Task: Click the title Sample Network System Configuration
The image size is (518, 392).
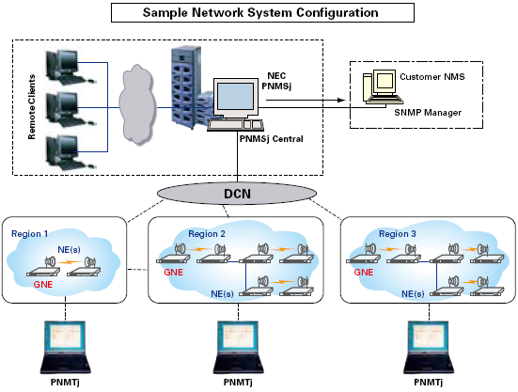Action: (x=260, y=12)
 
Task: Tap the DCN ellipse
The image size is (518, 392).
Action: (x=237, y=194)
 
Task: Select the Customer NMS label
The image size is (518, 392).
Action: (x=432, y=77)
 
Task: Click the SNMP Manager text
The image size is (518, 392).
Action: (x=428, y=113)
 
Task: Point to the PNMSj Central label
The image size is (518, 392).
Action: (x=272, y=139)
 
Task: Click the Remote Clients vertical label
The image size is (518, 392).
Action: (x=31, y=107)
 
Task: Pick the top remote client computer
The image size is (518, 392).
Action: (x=70, y=67)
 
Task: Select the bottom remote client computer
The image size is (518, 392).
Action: (x=70, y=152)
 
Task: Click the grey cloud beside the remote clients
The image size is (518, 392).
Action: (x=137, y=105)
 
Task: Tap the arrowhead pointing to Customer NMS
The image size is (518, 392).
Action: (x=341, y=100)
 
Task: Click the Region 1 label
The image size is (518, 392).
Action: (x=30, y=234)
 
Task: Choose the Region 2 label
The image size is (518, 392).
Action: (x=207, y=234)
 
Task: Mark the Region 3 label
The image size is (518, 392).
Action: (x=398, y=234)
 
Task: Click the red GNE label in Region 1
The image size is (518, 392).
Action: (x=43, y=284)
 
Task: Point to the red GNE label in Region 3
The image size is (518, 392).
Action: (x=364, y=272)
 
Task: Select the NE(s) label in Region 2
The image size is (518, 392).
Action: (x=222, y=293)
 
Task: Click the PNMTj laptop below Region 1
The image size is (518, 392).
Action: (x=65, y=347)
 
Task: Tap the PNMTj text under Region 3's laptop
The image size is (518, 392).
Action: (x=428, y=382)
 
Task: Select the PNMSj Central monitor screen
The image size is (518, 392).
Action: (x=235, y=97)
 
